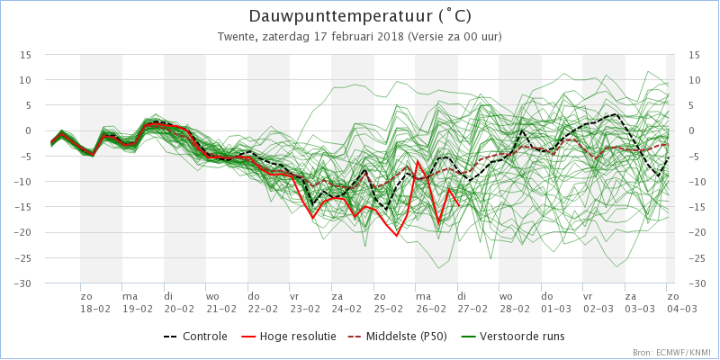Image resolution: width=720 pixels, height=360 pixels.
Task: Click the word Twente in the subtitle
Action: click(231, 37)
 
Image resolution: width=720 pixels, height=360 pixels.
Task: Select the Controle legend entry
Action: click(195, 337)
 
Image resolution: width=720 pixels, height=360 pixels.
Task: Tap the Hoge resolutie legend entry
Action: click(288, 337)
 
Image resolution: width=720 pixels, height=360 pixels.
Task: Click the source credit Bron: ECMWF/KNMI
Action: click(672, 353)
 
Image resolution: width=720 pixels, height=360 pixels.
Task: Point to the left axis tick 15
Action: click(26, 55)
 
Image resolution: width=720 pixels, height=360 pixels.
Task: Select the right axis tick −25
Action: click(697, 258)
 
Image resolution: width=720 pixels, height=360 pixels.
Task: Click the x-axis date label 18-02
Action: click(95, 309)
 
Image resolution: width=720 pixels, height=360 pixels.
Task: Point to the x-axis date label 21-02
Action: click(220, 309)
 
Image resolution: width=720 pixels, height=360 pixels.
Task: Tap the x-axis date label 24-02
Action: click(346, 309)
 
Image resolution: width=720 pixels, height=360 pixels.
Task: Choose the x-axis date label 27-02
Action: click(472, 309)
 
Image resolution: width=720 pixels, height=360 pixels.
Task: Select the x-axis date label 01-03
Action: click(555, 309)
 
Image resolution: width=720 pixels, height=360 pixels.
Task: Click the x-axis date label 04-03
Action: click(681, 309)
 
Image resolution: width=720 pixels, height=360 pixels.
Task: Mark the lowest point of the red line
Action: click(397, 236)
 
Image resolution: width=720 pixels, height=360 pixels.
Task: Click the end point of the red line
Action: click(459, 205)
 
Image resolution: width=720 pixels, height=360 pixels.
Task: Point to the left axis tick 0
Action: click(29, 131)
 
